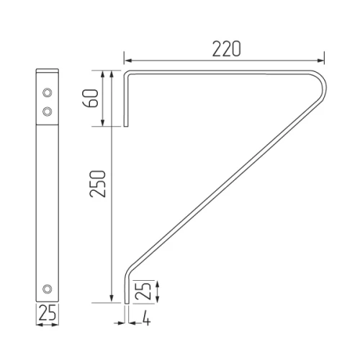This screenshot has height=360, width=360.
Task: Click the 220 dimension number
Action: point(226,49)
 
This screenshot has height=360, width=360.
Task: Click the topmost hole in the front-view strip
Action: point(47,93)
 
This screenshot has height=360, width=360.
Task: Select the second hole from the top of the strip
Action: point(47,111)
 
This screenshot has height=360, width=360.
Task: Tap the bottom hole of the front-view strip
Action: point(47,288)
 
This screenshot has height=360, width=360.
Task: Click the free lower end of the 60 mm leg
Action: point(127,127)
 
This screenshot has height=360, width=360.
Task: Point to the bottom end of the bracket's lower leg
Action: point(127,302)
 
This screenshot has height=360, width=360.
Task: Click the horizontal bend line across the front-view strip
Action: point(47,127)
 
